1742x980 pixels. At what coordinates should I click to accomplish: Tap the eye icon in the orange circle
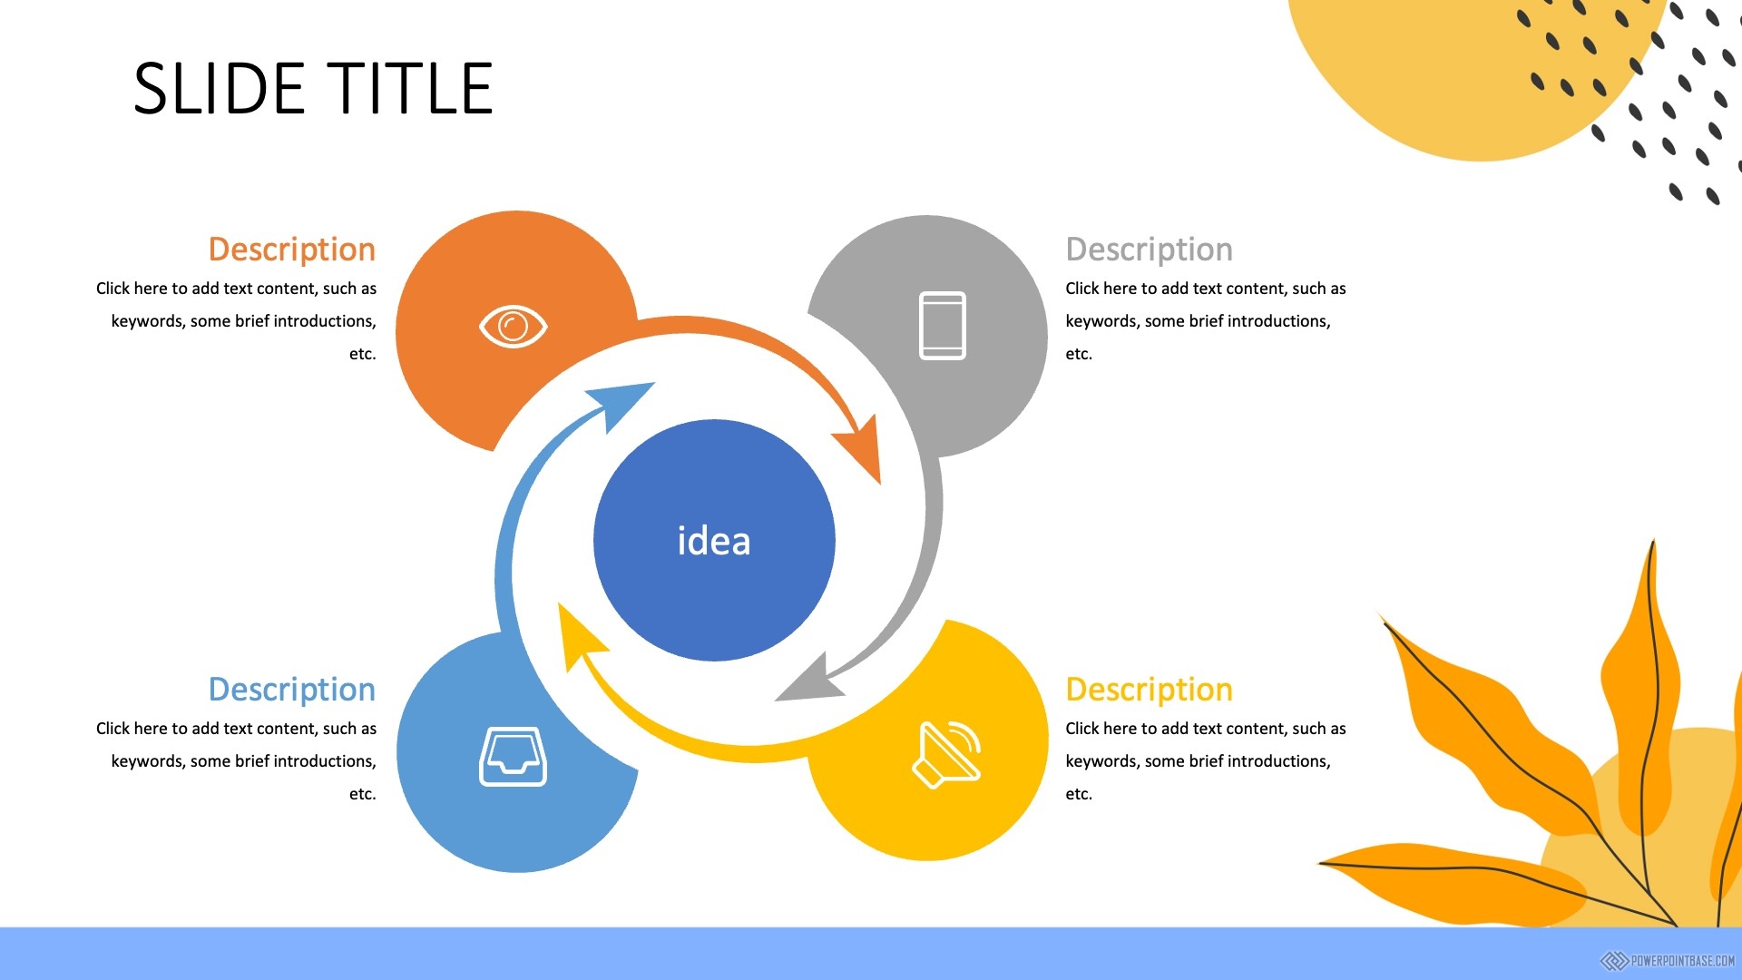(514, 327)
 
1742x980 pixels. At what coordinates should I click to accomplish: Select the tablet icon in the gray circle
(943, 326)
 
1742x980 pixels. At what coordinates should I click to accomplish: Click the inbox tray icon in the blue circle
(514, 756)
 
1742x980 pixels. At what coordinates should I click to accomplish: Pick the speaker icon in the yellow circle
(947, 755)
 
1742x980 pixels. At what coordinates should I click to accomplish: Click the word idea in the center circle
(714, 541)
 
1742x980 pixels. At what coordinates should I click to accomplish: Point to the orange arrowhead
(859, 448)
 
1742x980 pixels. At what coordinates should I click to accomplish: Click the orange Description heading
(292, 250)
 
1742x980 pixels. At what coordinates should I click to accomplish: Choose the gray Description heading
(1150, 250)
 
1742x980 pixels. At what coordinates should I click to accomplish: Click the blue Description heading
(292, 690)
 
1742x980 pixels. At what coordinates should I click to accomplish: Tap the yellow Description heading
(1150, 690)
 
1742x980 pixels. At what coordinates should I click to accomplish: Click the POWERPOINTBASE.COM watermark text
(1683, 961)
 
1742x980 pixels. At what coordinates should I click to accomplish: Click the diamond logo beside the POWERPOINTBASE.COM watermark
(1614, 961)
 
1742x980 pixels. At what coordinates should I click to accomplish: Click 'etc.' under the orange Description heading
(363, 354)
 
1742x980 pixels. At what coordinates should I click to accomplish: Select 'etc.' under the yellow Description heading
(1079, 794)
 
